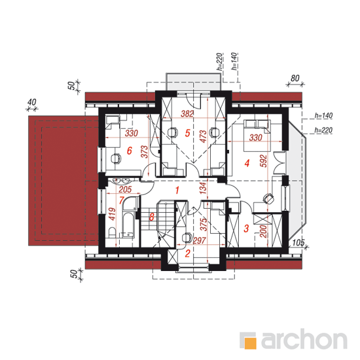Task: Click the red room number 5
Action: pos(188,133)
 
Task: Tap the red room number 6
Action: pos(130,151)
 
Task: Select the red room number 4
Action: pos(247,163)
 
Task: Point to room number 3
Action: pos(246,228)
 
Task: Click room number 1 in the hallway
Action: pos(177,190)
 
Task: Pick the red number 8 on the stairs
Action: pos(152,217)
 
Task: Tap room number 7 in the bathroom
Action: pos(122,200)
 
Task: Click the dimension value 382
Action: pos(187,114)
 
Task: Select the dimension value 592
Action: pos(264,161)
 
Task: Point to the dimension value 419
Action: pos(112,214)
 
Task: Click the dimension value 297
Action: pos(199,240)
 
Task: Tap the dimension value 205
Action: pos(126,189)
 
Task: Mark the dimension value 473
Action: pos(203,136)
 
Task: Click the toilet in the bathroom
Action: pos(113,233)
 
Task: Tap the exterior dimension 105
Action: pos(298,242)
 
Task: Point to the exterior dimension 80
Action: pos(295,79)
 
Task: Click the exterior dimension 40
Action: pos(32,102)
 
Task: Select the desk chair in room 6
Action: pos(116,158)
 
